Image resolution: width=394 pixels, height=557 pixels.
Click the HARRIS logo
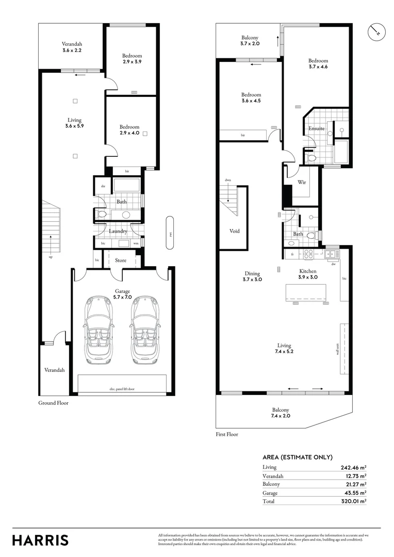pyautogui.click(x=40, y=540)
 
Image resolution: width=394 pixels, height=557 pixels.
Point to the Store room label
pyautogui.click(x=121, y=260)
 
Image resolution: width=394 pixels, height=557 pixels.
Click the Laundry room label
pyautogui.click(x=118, y=232)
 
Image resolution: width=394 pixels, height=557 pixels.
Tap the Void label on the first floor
pyautogui.click(x=234, y=231)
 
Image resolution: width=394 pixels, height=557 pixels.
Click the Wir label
pyautogui.click(x=302, y=182)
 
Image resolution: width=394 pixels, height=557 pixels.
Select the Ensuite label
pyautogui.click(x=316, y=128)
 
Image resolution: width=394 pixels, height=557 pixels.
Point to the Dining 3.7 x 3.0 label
pyautogui.click(x=252, y=277)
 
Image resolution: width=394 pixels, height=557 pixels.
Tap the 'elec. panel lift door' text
pyautogui.click(x=122, y=389)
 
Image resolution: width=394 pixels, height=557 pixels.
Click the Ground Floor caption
pyautogui.click(x=53, y=403)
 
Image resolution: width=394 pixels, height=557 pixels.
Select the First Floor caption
pyautogui.click(x=227, y=435)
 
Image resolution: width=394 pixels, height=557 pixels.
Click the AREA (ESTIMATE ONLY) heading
pyautogui.click(x=298, y=457)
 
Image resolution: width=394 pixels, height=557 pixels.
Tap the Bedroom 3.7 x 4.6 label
pyautogui.click(x=318, y=63)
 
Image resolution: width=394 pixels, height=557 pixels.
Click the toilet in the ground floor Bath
pyautogui.click(x=102, y=214)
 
